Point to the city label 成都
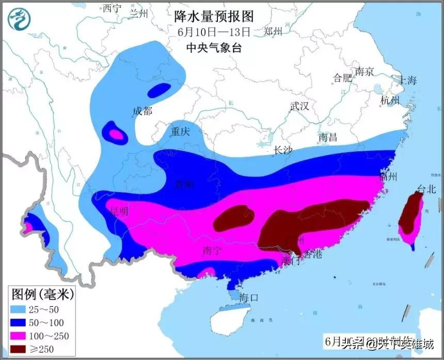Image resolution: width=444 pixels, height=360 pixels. point(143,111)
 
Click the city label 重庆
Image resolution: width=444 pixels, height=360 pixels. point(180,132)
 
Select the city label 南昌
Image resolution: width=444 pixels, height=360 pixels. point(328,137)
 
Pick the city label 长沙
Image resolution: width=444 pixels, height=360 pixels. point(283,150)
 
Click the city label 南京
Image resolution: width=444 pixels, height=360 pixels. point(364,72)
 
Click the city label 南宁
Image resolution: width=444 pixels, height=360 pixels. point(213,251)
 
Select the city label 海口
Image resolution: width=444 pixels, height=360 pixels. point(249,298)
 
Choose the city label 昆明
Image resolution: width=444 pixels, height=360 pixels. point(119,211)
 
